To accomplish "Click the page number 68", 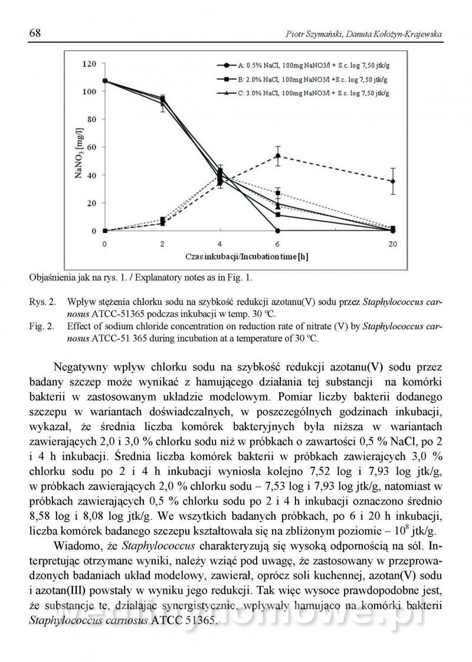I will pyautogui.click(x=35, y=33).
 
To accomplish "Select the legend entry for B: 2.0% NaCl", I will pyautogui.click(x=304, y=78).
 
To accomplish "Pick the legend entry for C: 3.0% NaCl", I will pyautogui.click(x=304, y=93).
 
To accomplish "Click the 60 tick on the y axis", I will pyautogui.click(x=91, y=147).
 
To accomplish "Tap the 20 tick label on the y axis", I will pyautogui.click(x=91, y=203).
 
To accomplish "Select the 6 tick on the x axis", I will pyautogui.click(x=277, y=244).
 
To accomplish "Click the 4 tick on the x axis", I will pyautogui.click(x=220, y=244).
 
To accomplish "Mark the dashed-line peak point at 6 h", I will pyautogui.click(x=277, y=156).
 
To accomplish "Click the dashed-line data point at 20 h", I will pyautogui.click(x=393, y=181).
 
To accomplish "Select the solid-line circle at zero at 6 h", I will pyautogui.click(x=277, y=230).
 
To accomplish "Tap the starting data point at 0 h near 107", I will pyautogui.click(x=105, y=81).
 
